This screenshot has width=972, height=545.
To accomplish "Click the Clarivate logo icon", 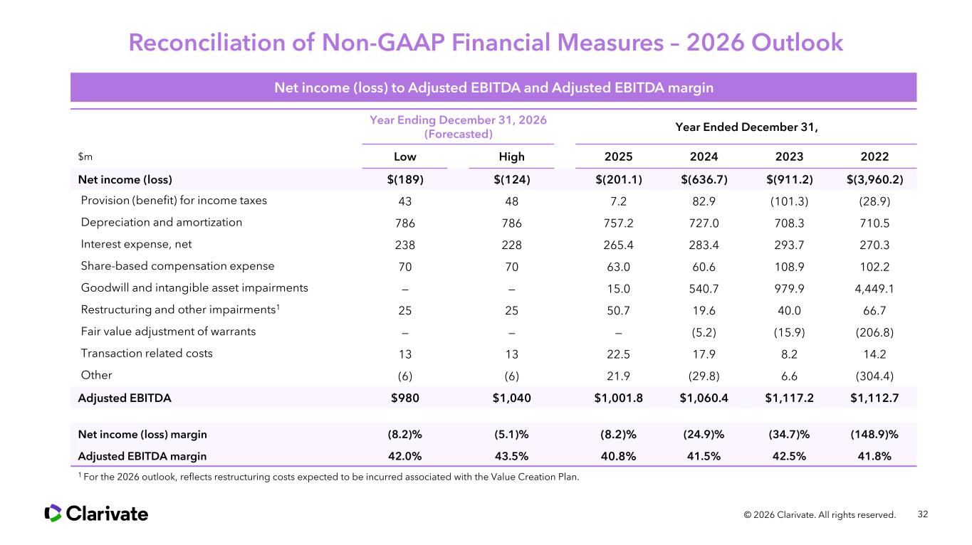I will [x=53, y=513].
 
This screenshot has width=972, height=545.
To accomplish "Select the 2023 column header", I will [x=789, y=157].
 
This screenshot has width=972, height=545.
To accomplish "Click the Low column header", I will [x=405, y=157].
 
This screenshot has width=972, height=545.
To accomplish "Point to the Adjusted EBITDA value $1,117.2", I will [x=789, y=398].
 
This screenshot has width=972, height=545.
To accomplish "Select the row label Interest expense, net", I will [x=136, y=244].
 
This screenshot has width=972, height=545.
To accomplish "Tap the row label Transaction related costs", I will [x=146, y=353].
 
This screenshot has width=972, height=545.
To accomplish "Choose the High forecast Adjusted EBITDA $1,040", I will [x=511, y=398].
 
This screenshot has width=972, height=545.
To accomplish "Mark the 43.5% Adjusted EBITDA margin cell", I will [x=511, y=456].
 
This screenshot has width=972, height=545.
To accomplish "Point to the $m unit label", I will [x=84, y=157].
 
